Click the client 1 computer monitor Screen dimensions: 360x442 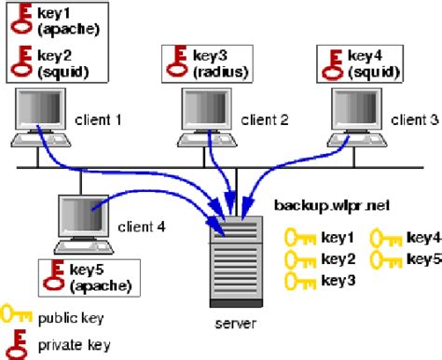[x=39, y=113]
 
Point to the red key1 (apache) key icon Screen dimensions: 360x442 [x=21, y=21]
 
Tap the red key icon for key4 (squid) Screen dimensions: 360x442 [x=331, y=62]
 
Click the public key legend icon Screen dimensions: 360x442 [x=16, y=317]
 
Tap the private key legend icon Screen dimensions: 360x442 [x=16, y=344]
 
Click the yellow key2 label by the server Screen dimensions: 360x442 [x=338, y=259]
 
